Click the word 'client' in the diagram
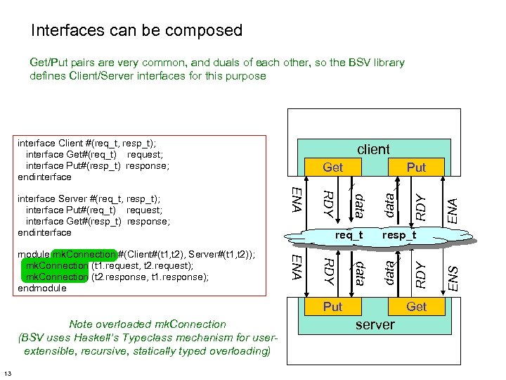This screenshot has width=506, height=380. coord(373,149)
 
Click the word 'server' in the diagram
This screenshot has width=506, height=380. coord(375,324)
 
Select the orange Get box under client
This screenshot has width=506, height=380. coord(332,167)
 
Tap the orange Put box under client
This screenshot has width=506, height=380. coord(416,167)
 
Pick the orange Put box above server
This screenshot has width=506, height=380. coord(332,307)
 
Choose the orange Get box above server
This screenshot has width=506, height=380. coord(416,307)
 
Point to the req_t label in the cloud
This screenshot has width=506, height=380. coord(349,235)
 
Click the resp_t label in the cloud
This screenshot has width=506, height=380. coord(399,235)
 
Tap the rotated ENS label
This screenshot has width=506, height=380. coord(453,277)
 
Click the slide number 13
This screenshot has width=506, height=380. coord(6,373)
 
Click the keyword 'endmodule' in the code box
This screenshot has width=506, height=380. coord(41,288)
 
